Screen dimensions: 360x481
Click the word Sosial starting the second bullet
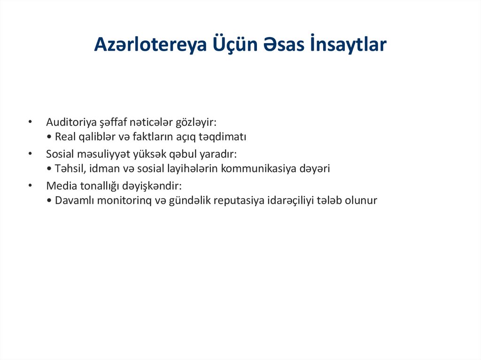point(59,153)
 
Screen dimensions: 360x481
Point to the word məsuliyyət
point(103,154)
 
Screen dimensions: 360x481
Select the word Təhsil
point(69,169)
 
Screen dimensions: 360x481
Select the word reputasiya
point(238,200)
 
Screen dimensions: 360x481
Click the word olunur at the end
point(361,200)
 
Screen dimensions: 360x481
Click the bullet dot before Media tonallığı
point(30,185)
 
